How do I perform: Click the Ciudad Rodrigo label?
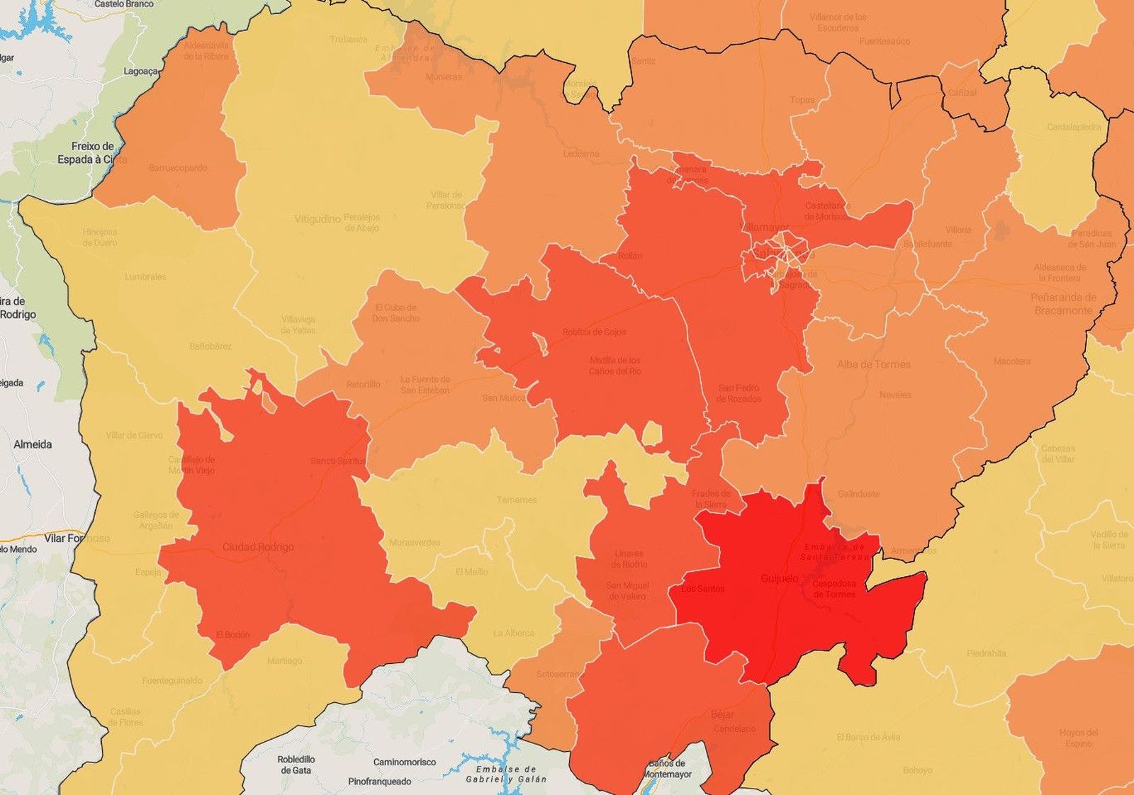click(258, 547)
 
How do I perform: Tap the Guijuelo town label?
click(779, 578)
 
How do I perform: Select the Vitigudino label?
click(318, 219)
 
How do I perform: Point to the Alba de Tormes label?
click(873, 364)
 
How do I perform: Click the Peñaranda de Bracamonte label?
click(1063, 303)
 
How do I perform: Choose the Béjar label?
click(722, 715)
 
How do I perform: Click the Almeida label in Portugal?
click(33, 444)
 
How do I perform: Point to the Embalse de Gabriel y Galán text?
click(505, 774)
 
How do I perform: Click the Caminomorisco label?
click(405, 762)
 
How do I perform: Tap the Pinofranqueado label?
click(379, 782)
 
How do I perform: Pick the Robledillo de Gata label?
click(296, 764)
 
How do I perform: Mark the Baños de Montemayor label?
click(666, 769)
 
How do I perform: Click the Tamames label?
click(516, 500)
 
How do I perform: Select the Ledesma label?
click(581, 153)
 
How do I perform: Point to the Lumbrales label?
click(145, 277)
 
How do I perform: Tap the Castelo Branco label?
click(124, 4)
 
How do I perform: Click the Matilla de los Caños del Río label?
click(615, 365)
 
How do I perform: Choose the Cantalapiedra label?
click(1074, 128)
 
